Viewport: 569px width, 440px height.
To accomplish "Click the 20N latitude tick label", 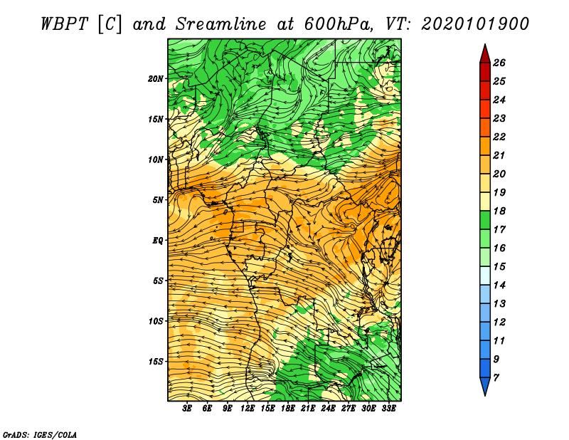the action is click(x=156, y=79).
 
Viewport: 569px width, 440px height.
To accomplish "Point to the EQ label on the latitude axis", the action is click(x=158, y=241).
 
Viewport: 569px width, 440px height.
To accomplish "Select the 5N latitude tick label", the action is click(x=158, y=200).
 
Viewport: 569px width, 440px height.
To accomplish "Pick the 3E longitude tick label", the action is click(x=187, y=409).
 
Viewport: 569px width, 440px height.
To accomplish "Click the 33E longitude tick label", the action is click(x=388, y=409).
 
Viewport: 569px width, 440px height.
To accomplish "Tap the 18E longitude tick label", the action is click(x=288, y=409).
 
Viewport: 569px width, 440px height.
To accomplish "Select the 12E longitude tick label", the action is click(x=248, y=409).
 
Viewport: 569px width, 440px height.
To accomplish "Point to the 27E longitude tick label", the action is click(x=349, y=409).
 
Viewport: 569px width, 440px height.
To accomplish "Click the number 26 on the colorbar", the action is click(x=499, y=63).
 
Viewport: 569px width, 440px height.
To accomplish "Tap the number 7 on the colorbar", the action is click(x=496, y=377).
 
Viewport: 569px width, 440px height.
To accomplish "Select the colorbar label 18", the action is click(x=499, y=211).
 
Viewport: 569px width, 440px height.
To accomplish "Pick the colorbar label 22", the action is click(x=499, y=137).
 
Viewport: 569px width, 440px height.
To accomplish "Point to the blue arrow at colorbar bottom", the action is click(x=485, y=385).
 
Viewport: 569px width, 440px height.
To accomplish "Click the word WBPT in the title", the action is click(x=64, y=24).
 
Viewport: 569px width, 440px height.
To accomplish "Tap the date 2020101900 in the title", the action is click(x=474, y=24).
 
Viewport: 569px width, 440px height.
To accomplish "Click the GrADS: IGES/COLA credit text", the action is click(x=40, y=435).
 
